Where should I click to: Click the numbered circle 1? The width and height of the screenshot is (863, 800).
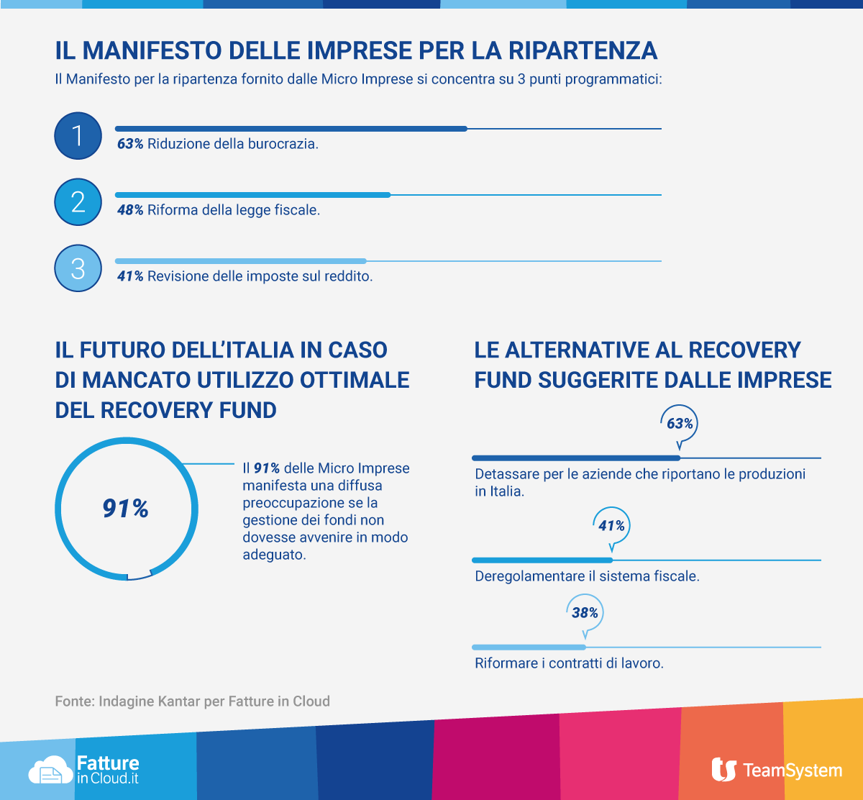[x=78, y=136]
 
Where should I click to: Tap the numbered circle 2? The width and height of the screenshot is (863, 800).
[x=78, y=202]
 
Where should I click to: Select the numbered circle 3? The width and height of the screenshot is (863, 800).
[x=78, y=268]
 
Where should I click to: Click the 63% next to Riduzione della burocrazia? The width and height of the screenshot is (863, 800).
[x=130, y=144]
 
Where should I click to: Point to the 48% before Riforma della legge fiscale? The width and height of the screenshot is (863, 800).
[x=130, y=210]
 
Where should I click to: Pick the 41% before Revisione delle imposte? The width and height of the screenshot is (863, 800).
[x=130, y=276]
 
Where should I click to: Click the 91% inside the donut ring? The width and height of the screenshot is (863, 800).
[x=126, y=509]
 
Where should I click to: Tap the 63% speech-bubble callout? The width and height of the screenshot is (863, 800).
[x=680, y=424]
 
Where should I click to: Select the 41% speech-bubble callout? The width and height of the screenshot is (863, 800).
[x=611, y=526]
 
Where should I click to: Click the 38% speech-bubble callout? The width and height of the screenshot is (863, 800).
[x=585, y=613]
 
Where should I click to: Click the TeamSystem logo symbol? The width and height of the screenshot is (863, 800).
[x=723, y=770]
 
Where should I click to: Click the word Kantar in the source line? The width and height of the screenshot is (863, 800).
[x=175, y=701]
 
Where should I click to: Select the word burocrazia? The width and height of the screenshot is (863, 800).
[x=282, y=144]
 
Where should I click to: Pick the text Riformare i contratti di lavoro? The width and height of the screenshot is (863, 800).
[x=569, y=663]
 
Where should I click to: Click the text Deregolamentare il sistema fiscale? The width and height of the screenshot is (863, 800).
[x=587, y=576]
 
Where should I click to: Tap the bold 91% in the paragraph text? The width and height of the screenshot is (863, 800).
[x=266, y=468]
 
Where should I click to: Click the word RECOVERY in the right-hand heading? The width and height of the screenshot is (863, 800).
[x=744, y=350]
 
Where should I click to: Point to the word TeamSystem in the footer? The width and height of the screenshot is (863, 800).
[x=792, y=771]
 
